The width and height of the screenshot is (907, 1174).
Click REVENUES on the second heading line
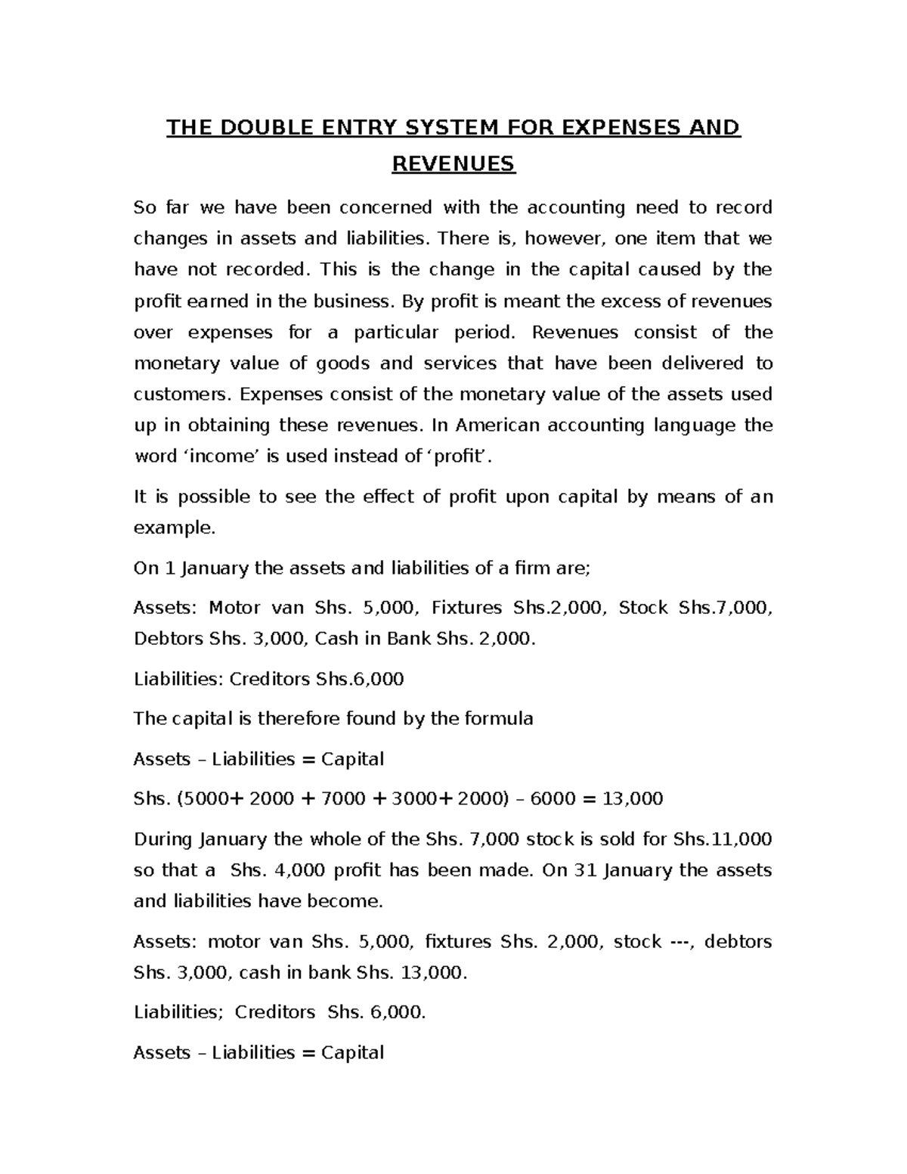point(453,163)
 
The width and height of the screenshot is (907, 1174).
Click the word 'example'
point(175,528)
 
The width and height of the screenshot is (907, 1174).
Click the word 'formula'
point(497,719)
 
